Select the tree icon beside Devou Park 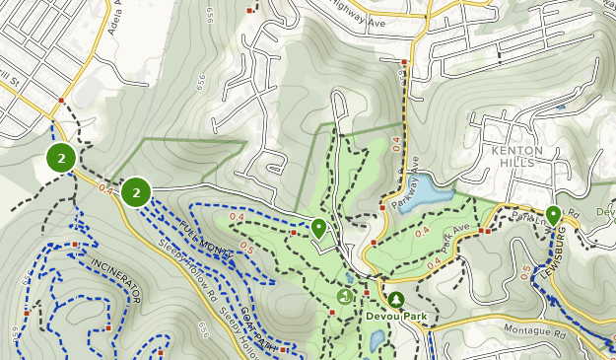(395, 298)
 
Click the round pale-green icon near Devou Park (345, 295)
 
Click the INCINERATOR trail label (116, 282)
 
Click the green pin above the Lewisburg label (553, 215)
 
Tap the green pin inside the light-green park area (318, 228)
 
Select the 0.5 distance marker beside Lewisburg (525, 271)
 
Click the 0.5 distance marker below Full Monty (245, 250)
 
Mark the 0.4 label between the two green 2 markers (104, 187)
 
